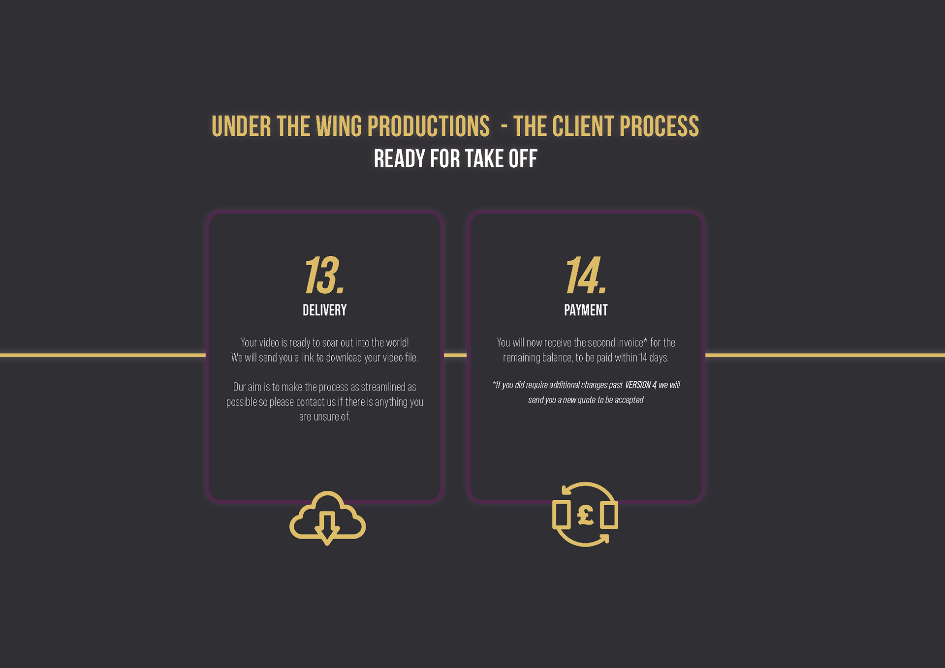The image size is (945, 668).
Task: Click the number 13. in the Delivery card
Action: click(324, 275)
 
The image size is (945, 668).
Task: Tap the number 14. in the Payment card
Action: click(585, 275)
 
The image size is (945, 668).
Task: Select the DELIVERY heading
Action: click(324, 310)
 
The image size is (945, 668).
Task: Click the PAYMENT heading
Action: click(586, 310)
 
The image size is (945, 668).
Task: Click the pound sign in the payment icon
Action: click(585, 516)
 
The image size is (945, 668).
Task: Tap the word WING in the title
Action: click(338, 126)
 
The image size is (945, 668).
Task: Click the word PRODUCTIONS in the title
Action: click(428, 126)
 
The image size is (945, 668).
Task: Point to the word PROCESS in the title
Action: click(659, 126)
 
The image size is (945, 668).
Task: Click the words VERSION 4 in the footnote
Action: click(640, 385)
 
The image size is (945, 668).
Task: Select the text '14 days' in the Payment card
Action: click(654, 358)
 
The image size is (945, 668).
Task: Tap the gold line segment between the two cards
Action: click(455, 355)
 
